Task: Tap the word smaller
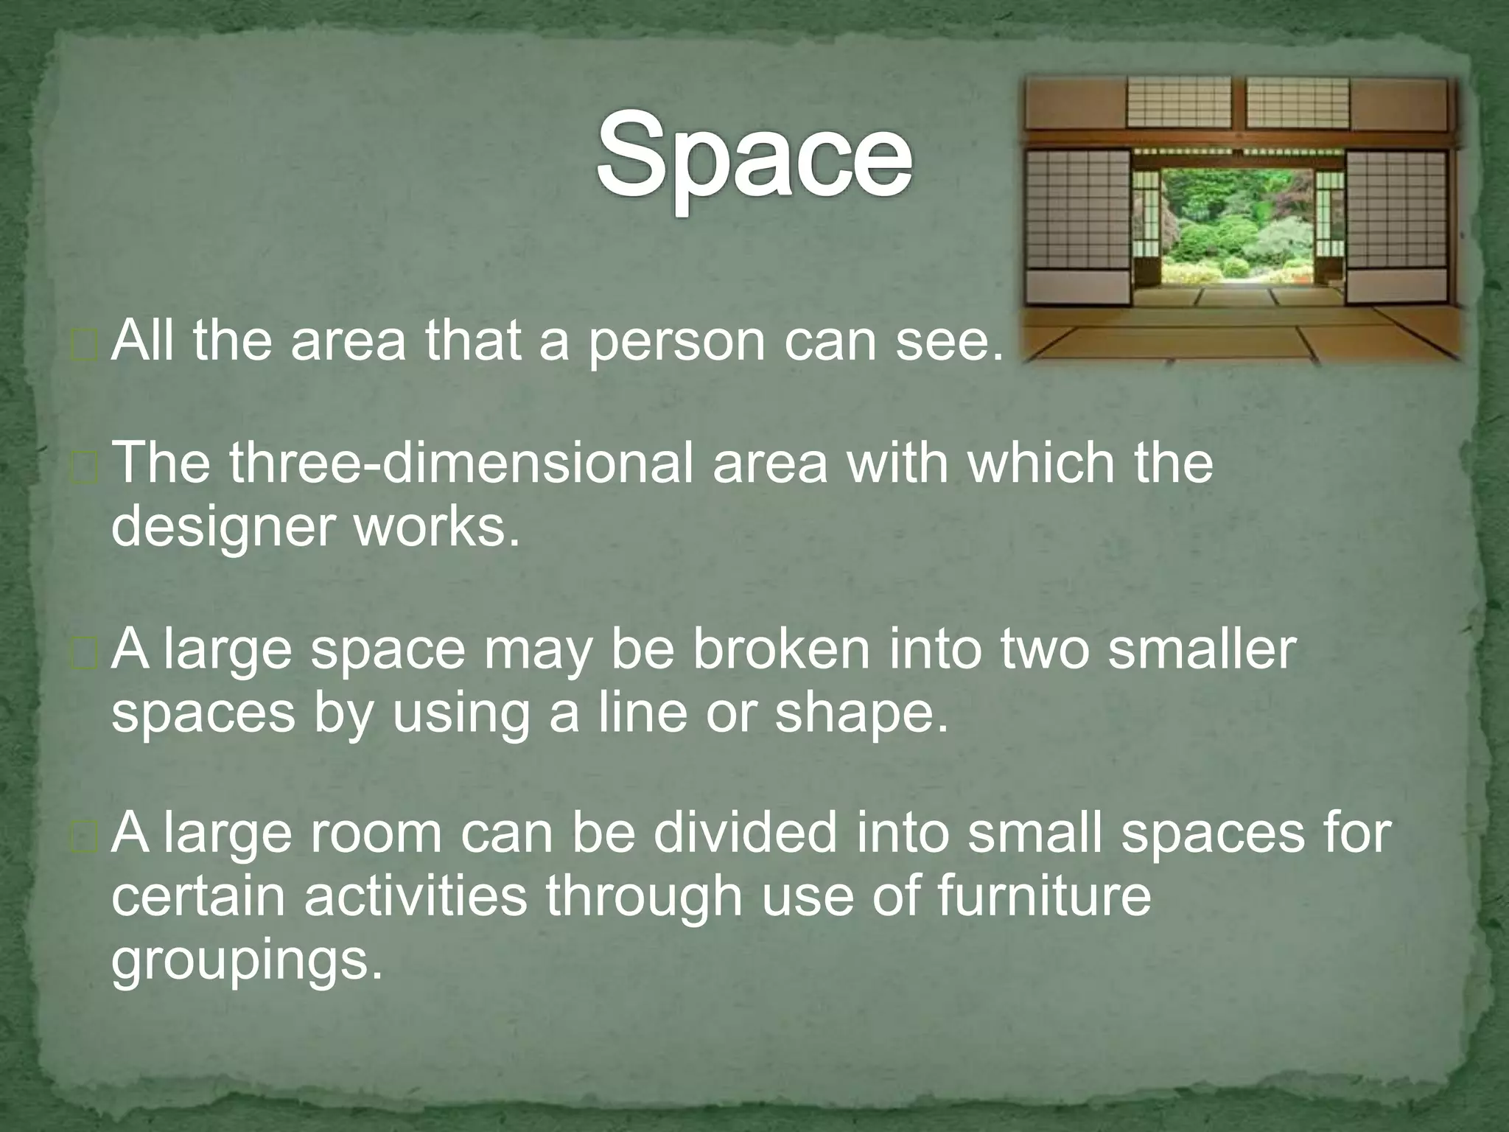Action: click(x=1201, y=649)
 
